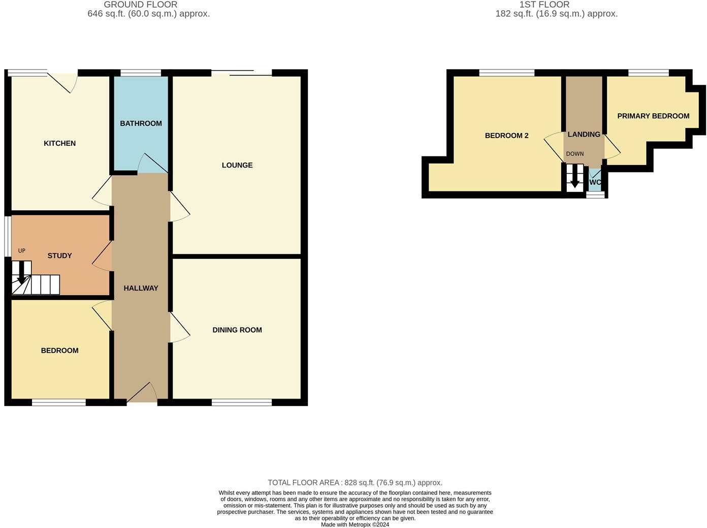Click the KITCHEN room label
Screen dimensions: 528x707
(x=59, y=143)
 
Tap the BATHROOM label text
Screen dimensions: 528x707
(x=141, y=123)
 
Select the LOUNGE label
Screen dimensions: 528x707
(x=237, y=165)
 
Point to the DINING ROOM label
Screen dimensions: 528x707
(x=237, y=330)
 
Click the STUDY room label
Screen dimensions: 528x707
(x=59, y=255)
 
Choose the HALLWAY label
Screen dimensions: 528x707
(x=141, y=288)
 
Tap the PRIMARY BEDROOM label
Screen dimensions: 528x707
(x=653, y=116)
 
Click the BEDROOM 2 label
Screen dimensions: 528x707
(x=506, y=136)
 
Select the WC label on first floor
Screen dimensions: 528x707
(x=595, y=182)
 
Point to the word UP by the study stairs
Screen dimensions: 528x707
(x=22, y=251)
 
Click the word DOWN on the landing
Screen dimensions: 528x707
(x=575, y=154)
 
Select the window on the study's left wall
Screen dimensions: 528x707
(x=7, y=237)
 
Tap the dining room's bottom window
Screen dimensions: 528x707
(x=242, y=403)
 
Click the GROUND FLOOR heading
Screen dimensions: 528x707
(x=140, y=5)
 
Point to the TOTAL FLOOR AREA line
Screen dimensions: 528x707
(x=355, y=483)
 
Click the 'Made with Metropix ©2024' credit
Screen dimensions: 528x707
(x=355, y=524)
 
